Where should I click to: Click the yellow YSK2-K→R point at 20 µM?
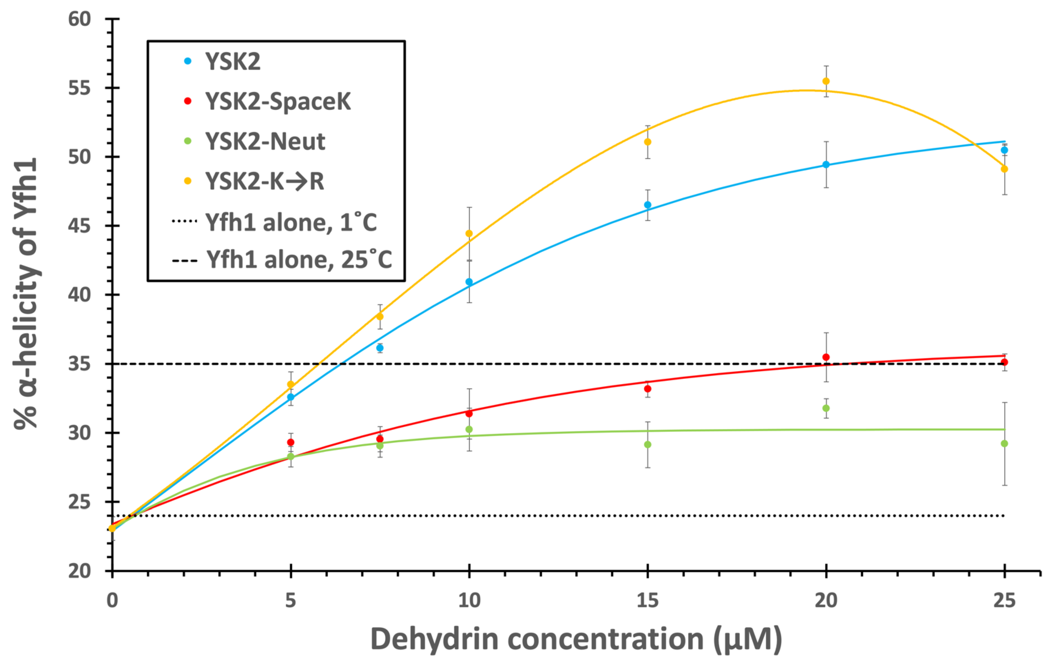(x=826, y=81)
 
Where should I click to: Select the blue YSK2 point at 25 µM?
(x=1004, y=150)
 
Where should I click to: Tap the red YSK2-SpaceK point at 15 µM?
(x=648, y=389)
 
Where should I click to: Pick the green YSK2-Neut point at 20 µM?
(x=826, y=408)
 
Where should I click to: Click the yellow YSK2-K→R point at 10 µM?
(x=469, y=233)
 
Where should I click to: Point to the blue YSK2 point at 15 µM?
(x=648, y=205)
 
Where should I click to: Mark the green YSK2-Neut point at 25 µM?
(x=1004, y=443)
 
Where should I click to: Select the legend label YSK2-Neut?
(x=266, y=141)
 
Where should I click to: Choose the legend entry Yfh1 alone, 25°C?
(x=282, y=259)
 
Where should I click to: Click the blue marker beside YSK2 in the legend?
(x=188, y=61)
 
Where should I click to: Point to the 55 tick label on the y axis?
(x=80, y=88)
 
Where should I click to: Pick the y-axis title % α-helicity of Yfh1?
(x=26, y=294)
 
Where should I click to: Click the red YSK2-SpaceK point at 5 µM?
(x=291, y=442)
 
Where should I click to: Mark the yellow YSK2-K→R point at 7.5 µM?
(x=380, y=316)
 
